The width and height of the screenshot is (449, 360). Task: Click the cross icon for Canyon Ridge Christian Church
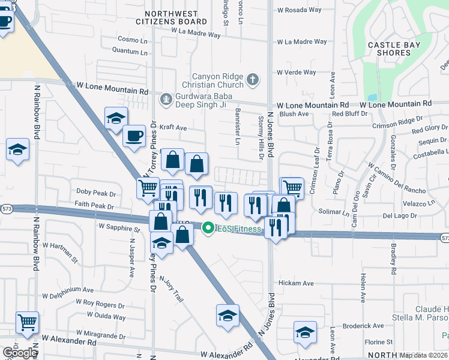tap(253, 79)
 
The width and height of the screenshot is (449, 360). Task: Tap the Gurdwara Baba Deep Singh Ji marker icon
tap(166, 98)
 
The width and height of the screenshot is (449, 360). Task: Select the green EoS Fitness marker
tap(208, 228)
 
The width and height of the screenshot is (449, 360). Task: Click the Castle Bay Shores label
tap(389, 49)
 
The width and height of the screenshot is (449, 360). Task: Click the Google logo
tap(19, 353)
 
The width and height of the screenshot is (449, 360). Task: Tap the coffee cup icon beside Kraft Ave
tap(134, 135)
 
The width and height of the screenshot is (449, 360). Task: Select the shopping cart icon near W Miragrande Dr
tap(27, 322)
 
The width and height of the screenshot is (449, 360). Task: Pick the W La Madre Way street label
tap(301, 42)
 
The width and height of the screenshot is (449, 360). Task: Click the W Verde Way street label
tap(296, 73)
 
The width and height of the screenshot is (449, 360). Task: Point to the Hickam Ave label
tap(295, 283)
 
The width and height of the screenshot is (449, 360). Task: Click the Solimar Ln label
tap(334, 212)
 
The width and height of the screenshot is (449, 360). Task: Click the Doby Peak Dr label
tap(95, 193)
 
